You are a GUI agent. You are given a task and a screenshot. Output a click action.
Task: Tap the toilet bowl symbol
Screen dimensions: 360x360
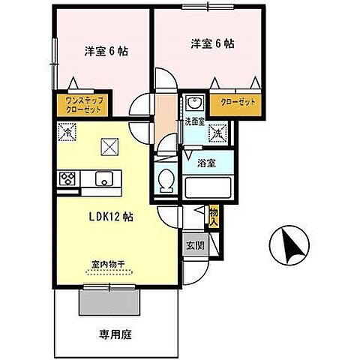166,181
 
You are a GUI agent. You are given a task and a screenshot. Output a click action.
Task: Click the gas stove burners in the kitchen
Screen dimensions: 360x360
67,178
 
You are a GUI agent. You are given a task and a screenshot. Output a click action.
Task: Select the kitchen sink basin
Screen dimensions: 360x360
103,178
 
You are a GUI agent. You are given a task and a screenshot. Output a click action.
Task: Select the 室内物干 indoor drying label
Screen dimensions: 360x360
108,264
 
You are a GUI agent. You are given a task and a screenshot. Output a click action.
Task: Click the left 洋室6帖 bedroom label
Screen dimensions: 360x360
105,51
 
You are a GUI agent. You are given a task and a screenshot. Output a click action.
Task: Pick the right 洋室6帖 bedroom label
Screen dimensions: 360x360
211,43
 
